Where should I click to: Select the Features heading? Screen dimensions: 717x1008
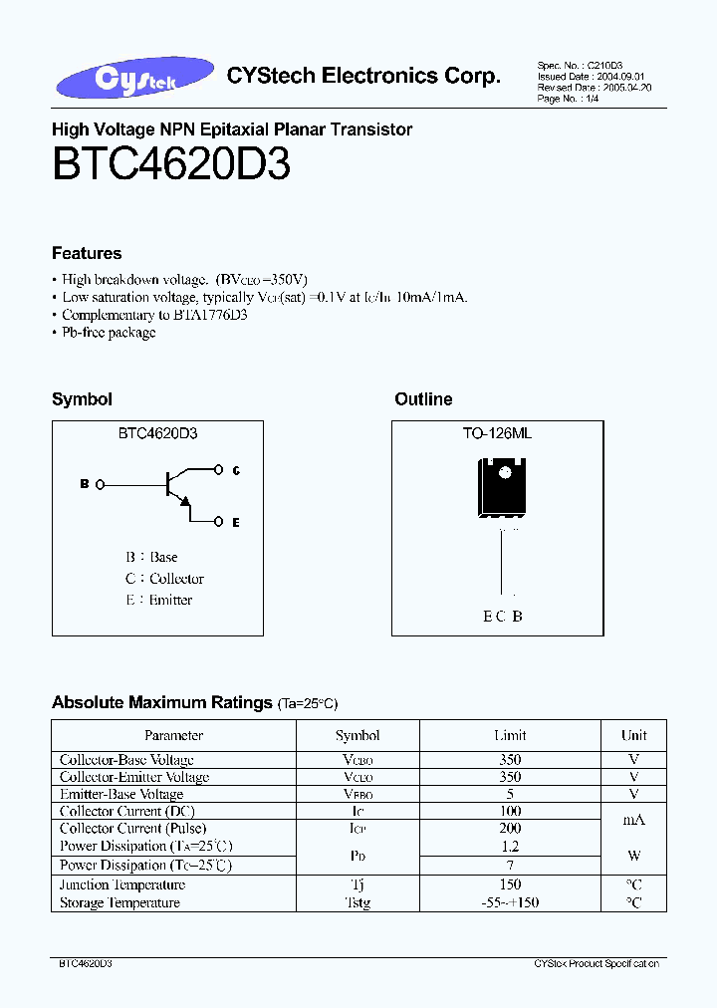[x=87, y=253]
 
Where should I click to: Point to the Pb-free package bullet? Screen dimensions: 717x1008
[x=109, y=333]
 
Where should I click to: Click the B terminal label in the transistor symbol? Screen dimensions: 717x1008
[x=84, y=484]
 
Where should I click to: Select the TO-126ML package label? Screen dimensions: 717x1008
[x=497, y=433]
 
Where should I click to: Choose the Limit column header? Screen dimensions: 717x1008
[x=510, y=736]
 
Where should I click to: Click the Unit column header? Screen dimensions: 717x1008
[x=633, y=736]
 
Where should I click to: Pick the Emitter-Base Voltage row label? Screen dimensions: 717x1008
[x=121, y=795]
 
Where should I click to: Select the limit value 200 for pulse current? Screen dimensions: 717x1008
[x=509, y=829]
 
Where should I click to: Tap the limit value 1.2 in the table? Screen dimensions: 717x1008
[x=510, y=847]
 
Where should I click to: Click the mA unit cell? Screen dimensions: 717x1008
[x=633, y=820]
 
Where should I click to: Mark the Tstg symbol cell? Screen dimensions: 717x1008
[x=358, y=903]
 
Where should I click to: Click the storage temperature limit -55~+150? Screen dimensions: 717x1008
[x=510, y=903]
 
